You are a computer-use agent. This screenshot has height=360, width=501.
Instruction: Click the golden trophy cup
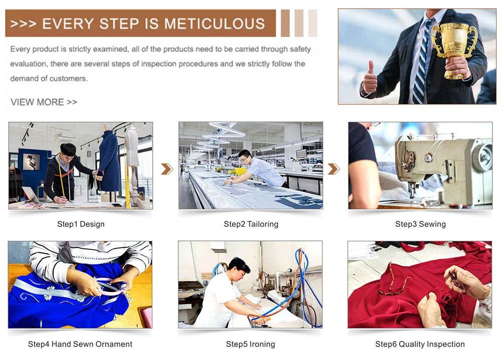pos(454,48)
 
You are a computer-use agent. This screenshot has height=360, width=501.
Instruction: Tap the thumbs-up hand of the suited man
pos(370,78)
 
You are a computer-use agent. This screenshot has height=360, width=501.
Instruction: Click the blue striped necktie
pos(421,64)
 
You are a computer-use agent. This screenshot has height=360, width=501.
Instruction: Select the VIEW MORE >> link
pos(44,102)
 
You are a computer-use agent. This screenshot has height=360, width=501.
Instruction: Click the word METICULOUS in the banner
pos(214,24)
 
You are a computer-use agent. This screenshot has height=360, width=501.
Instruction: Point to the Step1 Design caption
pos(81,224)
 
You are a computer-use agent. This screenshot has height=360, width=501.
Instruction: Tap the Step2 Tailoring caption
pos(251,224)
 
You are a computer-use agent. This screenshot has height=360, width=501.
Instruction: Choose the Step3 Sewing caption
pos(420,224)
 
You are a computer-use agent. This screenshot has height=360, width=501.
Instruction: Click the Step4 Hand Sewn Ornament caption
pos(80,344)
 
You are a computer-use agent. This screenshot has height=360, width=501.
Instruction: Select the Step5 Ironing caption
pos(250,344)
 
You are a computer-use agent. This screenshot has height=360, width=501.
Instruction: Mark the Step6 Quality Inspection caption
pos(420,344)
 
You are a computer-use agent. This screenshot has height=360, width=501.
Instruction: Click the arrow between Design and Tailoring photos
pos(167,169)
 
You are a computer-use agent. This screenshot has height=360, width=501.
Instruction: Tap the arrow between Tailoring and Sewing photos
pos(334,169)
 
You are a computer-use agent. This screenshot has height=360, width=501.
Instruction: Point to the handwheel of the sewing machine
pos(483,157)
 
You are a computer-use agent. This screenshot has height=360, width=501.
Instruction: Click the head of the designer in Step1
pos(68,152)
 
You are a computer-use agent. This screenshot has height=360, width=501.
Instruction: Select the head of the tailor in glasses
pos(245,157)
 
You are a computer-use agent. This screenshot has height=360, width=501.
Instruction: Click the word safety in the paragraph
pos(300,49)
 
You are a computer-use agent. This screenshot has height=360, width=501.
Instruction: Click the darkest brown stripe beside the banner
pos(285,23)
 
